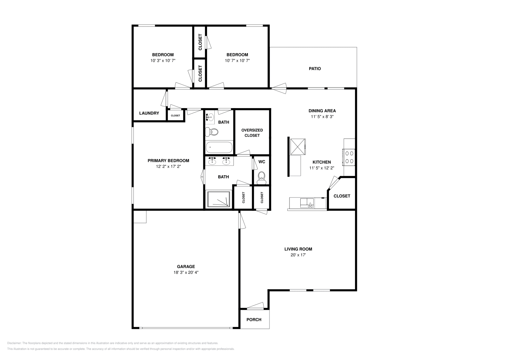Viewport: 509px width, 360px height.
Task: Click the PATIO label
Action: pos(315,69)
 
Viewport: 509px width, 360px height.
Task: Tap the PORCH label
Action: pos(254,320)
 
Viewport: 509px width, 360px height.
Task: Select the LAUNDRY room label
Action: pos(149,113)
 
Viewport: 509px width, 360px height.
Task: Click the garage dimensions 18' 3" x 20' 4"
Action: pos(186,272)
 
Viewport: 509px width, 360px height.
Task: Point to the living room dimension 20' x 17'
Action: pos(298,255)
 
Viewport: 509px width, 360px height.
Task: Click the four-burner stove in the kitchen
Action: pos(349,157)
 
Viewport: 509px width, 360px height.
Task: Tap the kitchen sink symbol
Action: pos(307,203)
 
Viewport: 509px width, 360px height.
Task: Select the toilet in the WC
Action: pos(261,178)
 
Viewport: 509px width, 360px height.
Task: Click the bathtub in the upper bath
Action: pos(219,148)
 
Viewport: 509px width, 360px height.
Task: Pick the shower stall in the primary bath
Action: pos(219,199)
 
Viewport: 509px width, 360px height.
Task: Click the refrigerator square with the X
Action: pos(298,147)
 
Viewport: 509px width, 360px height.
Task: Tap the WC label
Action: pos(262,162)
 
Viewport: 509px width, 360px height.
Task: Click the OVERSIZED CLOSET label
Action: pos(252,133)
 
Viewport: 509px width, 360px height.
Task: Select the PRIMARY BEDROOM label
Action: pos(168,161)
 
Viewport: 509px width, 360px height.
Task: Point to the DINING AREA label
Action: pos(322,111)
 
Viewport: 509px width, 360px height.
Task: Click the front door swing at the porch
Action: pos(255,306)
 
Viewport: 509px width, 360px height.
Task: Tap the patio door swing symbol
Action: pos(279,88)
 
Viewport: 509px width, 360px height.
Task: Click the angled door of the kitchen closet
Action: pos(334,183)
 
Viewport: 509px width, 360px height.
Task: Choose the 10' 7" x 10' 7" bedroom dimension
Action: pos(237,61)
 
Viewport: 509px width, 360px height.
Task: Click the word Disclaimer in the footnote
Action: pos(14,343)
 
